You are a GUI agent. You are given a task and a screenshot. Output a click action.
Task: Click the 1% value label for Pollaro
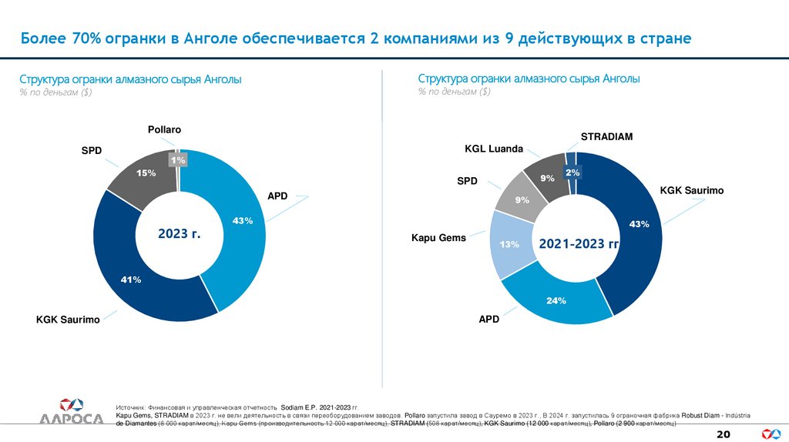178,159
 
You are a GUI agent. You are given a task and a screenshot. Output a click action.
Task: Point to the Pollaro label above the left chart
164,129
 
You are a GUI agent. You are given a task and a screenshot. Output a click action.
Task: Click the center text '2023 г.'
179,233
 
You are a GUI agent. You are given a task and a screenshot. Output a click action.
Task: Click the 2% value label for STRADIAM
572,173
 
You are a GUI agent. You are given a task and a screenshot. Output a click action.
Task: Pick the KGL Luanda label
493,149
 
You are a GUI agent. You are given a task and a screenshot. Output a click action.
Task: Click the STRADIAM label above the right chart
606,136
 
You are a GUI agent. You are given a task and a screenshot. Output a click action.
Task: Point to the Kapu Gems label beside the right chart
438,238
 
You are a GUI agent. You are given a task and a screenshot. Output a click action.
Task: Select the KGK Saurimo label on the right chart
691,190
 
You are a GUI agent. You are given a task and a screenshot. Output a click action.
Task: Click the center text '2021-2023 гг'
579,244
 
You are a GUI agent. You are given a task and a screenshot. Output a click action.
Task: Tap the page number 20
723,434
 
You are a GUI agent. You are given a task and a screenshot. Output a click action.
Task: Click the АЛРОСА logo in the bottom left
71,411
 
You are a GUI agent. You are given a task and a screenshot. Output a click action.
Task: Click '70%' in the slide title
87,38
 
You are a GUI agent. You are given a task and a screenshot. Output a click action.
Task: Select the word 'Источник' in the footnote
132,407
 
